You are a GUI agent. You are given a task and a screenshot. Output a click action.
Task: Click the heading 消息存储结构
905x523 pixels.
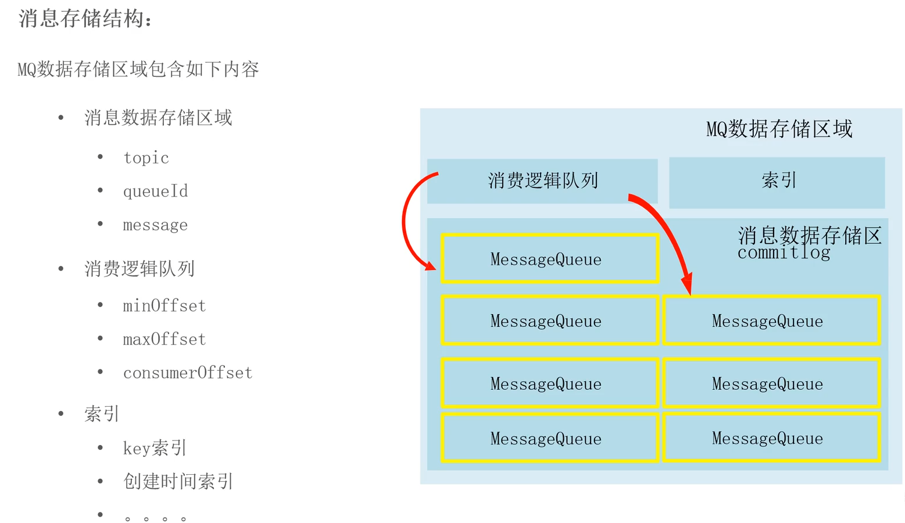click(x=85, y=19)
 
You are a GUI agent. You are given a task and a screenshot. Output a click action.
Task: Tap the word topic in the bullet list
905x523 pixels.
click(x=146, y=158)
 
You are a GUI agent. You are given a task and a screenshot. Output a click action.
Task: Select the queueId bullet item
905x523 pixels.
click(x=155, y=191)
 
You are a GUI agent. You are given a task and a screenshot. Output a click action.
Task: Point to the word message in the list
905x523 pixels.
click(x=155, y=225)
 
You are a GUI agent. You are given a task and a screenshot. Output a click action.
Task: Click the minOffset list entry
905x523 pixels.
click(x=164, y=305)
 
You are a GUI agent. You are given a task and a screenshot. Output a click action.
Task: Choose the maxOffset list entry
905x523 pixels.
click(x=164, y=339)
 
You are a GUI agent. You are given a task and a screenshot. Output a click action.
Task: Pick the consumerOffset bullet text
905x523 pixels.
click(x=188, y=373)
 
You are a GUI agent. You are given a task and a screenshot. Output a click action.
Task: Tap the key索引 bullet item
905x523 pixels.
click(x=155, y=448)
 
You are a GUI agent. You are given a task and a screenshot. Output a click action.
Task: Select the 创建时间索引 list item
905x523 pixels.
click(x=178, y=481)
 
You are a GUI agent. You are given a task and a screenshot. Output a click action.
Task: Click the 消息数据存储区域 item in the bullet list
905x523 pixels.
click(x=158, y=118)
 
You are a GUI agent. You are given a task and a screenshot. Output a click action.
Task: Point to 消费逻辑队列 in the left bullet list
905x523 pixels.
click(x=139, y=269)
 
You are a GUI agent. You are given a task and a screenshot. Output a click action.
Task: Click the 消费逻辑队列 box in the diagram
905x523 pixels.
click(x=542, y=181)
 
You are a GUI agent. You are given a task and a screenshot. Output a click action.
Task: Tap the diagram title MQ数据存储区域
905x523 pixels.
click(x=779, y=129)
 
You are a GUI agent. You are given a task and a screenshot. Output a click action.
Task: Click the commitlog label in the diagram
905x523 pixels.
click(x=784, y=253)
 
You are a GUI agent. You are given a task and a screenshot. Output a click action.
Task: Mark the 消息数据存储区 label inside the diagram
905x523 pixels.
click(x=810, y=236)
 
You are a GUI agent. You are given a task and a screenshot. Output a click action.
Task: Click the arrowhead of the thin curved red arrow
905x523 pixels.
click(x=431, y=266)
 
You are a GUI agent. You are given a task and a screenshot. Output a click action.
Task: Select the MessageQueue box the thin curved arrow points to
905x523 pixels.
click(x=550, y=259)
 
